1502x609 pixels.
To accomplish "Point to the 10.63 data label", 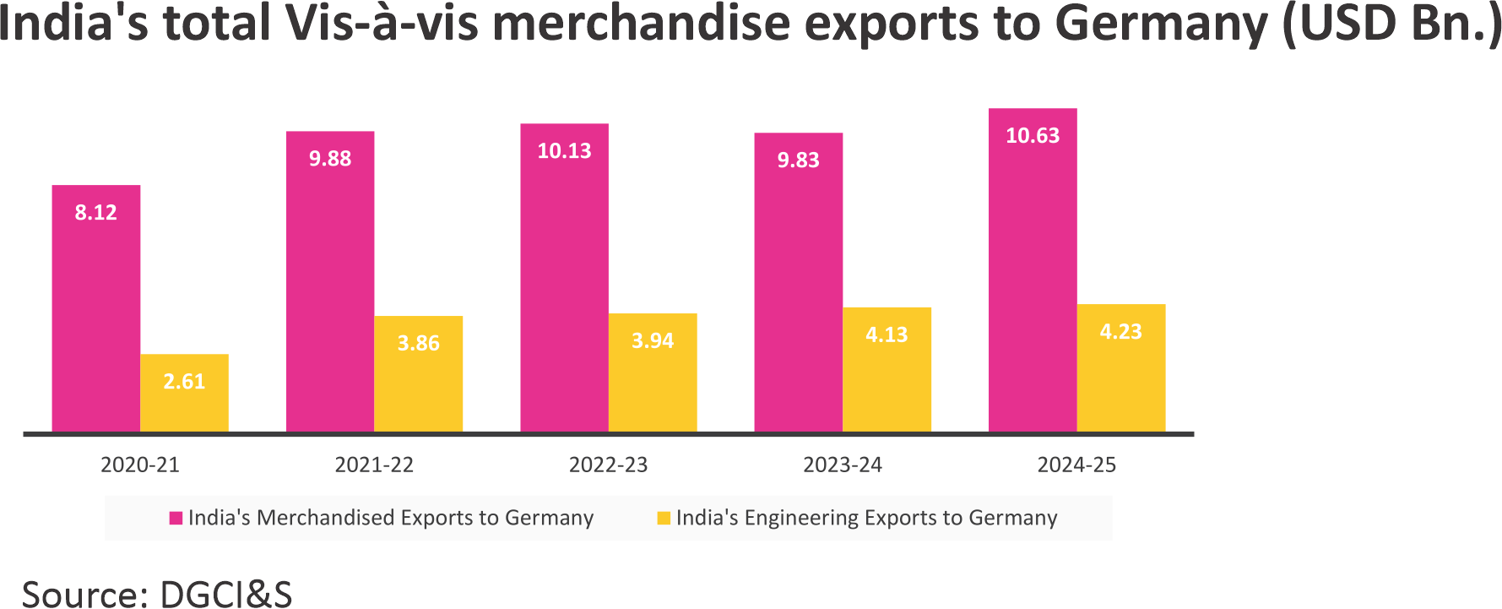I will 1033,136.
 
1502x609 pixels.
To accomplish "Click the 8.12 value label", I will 95,213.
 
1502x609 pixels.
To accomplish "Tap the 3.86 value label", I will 419,344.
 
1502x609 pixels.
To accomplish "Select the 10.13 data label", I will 564,151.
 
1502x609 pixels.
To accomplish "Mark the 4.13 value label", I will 887,335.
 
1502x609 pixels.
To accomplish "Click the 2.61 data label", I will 184,382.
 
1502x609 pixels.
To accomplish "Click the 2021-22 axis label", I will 374,465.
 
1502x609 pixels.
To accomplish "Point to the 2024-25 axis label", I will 1076,465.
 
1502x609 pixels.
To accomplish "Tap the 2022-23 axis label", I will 608,465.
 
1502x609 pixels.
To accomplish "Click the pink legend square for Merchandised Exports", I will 176,518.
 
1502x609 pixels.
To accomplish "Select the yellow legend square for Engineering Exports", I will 664,518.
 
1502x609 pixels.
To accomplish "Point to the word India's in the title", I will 72,24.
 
